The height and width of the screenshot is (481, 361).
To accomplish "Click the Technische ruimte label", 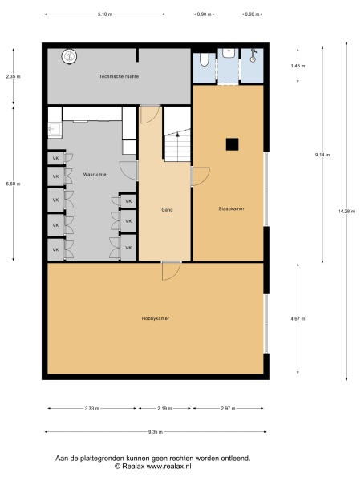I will point(119,76).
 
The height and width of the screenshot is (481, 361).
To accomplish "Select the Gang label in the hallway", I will point(167,209).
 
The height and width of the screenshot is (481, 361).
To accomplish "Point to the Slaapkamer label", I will point(231,209).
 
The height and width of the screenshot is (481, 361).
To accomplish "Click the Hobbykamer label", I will point(156,318).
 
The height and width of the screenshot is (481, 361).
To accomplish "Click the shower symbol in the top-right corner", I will point(254,56).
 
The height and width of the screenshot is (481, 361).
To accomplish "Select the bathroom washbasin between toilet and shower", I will point(229,53).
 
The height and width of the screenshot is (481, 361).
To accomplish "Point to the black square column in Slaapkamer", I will point(231,144).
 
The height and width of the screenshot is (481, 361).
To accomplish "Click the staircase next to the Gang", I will point(177,144).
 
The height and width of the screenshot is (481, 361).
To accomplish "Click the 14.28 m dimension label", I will point(346,211).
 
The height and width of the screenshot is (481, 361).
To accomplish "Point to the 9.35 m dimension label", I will point(156,432).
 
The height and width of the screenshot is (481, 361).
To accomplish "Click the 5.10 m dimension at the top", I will point(104,14).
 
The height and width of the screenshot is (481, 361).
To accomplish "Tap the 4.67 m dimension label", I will point(298,319).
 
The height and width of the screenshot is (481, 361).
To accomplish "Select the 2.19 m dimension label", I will point(164,409).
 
